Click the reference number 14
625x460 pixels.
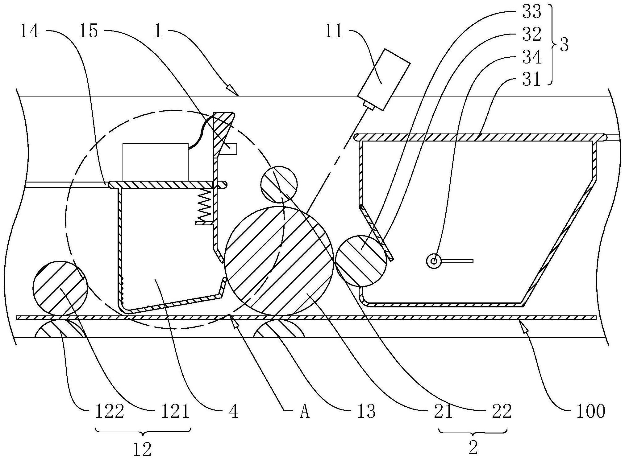pos(30,32)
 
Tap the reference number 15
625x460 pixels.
pos(89,32)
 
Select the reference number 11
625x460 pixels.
pos(334,32)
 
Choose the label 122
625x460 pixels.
pos(110,411)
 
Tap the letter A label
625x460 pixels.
pos(304,412)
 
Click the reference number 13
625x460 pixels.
pos(367,411)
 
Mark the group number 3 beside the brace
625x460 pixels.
pos(564,46)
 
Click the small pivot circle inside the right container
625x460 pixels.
pos(434,261)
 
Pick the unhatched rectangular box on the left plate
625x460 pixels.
pos(155,162)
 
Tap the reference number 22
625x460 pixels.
pos(502,411)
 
